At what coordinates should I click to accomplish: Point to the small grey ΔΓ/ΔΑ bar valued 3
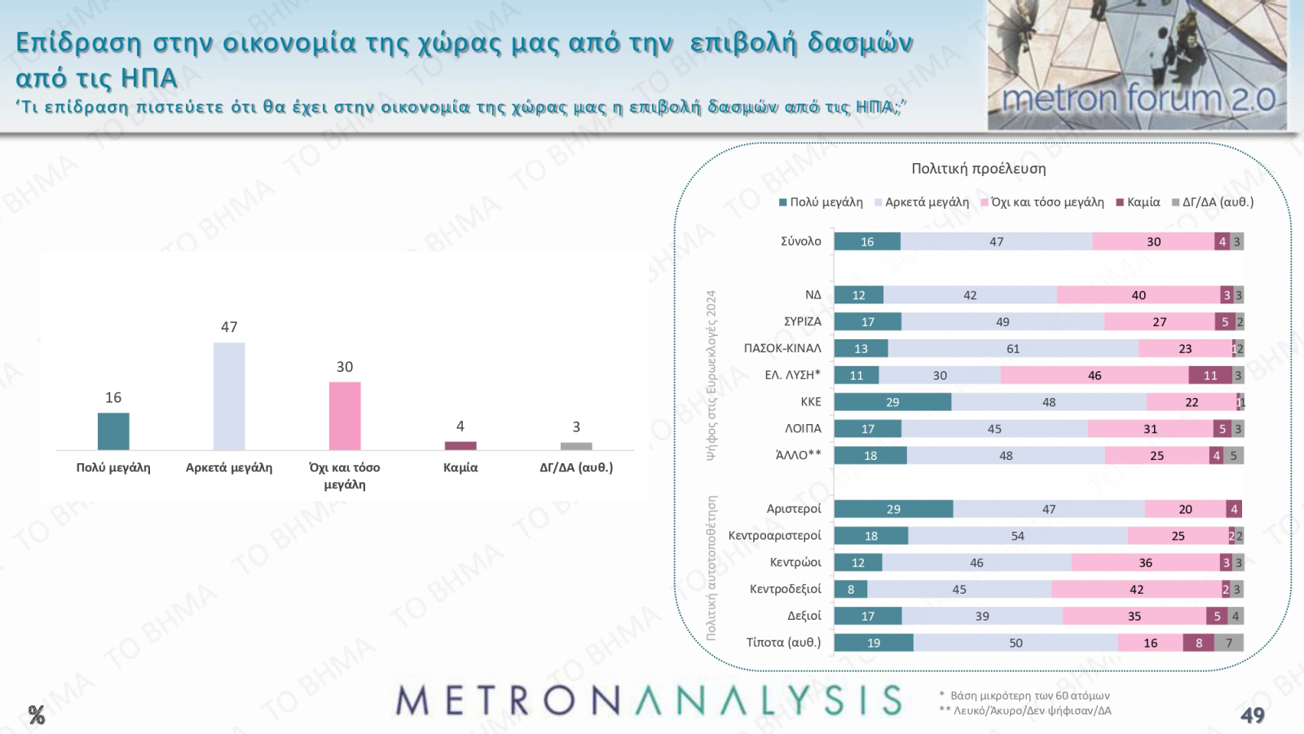[x=576, y=446]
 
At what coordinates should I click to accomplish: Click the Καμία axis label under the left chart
[x=460, y=467]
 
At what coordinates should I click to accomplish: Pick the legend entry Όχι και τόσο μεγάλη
[x=1046, y=202]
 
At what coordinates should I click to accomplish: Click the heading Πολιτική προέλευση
[x=979, y=169]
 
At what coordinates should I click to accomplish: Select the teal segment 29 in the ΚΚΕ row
[x=892, y=402]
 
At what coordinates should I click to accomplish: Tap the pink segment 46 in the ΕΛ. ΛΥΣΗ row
[x=1095, y=375]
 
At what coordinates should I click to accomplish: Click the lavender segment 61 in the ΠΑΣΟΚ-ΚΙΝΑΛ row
[x=1013, y=348]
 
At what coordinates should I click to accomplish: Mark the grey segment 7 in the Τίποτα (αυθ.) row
[x=1229, y=643]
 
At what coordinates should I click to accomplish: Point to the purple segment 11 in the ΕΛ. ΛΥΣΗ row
[x=1210, y=375]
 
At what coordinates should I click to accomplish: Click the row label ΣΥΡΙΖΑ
[x=802, y=321]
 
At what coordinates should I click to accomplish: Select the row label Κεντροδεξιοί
[x=785, y=589]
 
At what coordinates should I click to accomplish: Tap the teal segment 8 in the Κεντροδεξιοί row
[x=851, y=589]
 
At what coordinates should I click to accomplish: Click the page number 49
[x=1252, y=715]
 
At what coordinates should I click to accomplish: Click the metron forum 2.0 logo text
[x=1138, y=99]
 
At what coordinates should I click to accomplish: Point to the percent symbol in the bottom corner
[x=37, y=715]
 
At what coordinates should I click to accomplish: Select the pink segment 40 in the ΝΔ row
[x=1139, y=295]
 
